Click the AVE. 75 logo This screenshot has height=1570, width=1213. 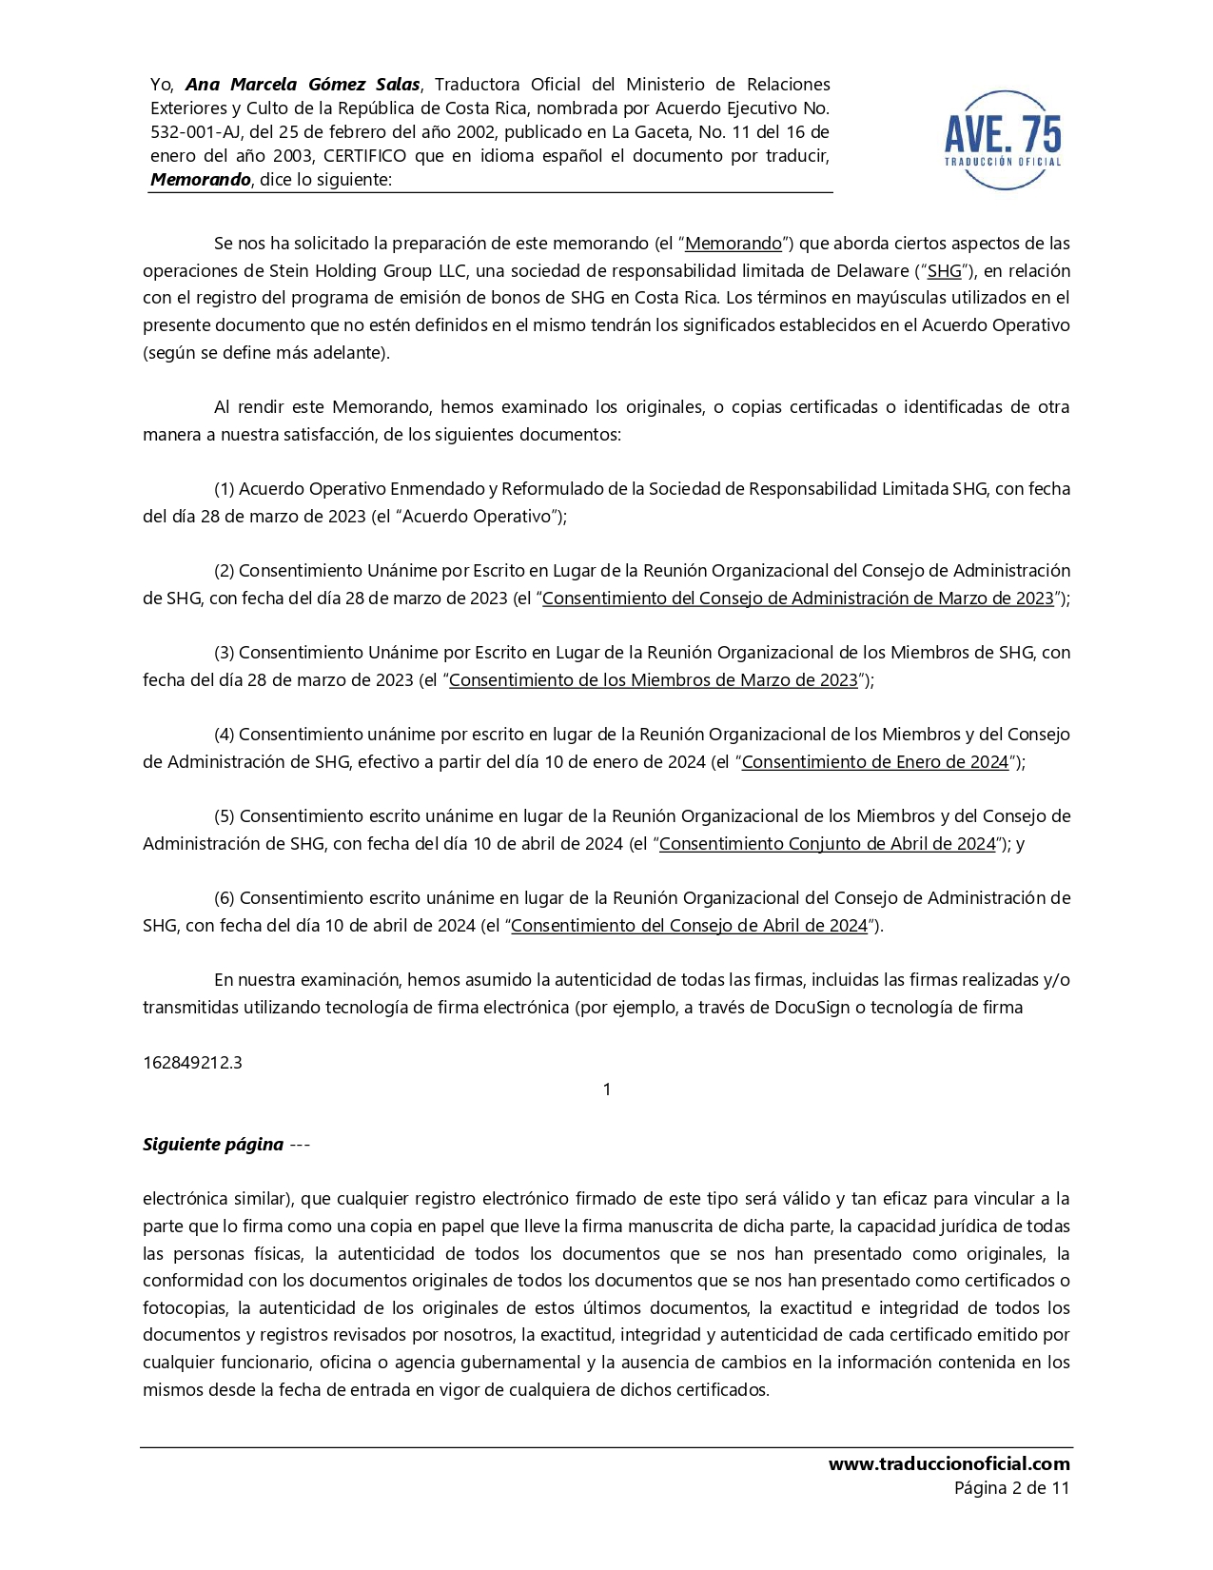click(1003, 140)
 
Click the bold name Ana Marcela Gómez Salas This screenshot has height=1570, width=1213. click(303, 85)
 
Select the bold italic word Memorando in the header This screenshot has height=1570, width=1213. click(200, 180)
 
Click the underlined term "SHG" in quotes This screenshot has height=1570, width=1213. click(944, 271)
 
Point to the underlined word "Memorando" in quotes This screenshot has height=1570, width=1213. click(734, 244)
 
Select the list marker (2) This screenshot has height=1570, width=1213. click(225, 571)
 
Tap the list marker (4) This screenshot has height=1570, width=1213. click(225, 735)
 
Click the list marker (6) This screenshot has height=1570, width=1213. click(225, 898)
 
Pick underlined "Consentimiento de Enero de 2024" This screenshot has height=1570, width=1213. click(874, 762)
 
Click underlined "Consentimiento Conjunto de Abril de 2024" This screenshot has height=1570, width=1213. click(827, 844)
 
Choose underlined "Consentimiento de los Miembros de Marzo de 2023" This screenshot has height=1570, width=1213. click(654, 680)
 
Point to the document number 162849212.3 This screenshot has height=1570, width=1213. click(192, 1063)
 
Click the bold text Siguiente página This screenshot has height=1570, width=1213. click(213, 1145)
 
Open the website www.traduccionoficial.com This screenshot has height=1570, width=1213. click(949, 1464)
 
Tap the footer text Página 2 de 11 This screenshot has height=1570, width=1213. click(1011, 1488)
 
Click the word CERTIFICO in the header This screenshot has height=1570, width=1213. click(364, 156)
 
